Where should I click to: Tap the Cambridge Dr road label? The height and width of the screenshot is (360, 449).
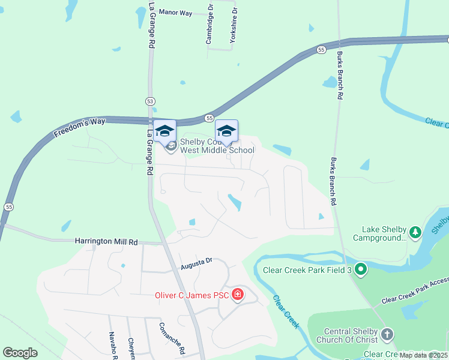(x=209, y=25)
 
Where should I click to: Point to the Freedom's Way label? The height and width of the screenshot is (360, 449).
(x=80, y=128)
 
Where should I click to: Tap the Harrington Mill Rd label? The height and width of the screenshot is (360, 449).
(x=106, y=241)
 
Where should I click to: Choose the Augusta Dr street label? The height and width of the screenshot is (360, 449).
(x=197, y=262)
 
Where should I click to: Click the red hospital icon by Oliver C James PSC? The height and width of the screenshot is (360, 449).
(x=238, y=294)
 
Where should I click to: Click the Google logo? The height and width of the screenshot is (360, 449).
(x=20, y=353)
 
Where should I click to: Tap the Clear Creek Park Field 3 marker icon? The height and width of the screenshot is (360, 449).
(x=360, y=270)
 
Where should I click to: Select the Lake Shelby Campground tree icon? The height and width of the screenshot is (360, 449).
(x=414, y=231)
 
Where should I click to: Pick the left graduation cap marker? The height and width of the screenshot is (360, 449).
(x=164, y=131)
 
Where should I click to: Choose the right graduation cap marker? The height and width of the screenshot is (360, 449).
(x=226, y=131)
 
